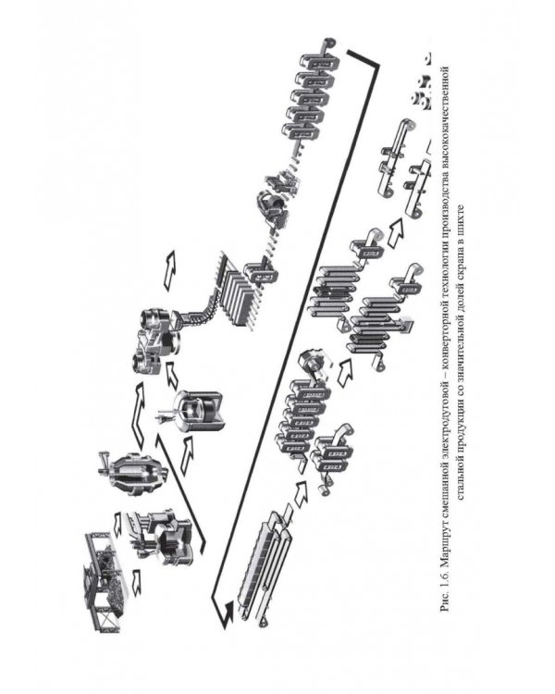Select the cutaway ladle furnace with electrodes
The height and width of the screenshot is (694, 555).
pyautogui.click(x=197, y=411)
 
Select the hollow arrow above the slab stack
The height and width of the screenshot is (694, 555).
pyautogui.click(x=169, y=270)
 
